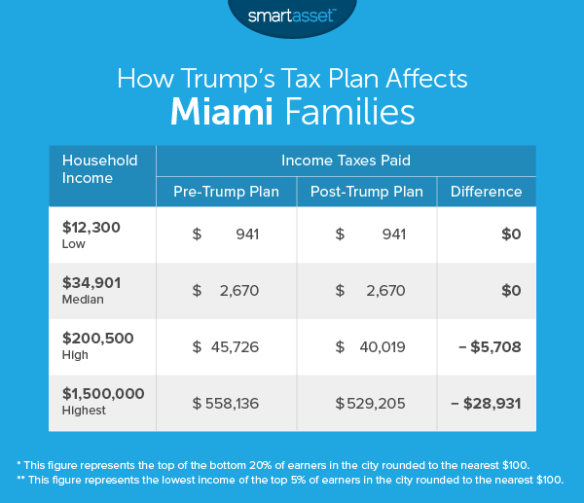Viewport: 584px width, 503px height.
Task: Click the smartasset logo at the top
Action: point(292,17)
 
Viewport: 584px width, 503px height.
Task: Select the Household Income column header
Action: point(100,169)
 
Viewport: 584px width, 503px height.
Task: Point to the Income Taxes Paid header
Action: point(346,160)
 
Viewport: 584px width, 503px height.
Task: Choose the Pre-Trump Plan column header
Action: point(226,192)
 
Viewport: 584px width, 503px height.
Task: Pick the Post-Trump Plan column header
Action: point(366,192)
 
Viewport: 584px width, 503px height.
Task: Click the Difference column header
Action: point(486,192)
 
